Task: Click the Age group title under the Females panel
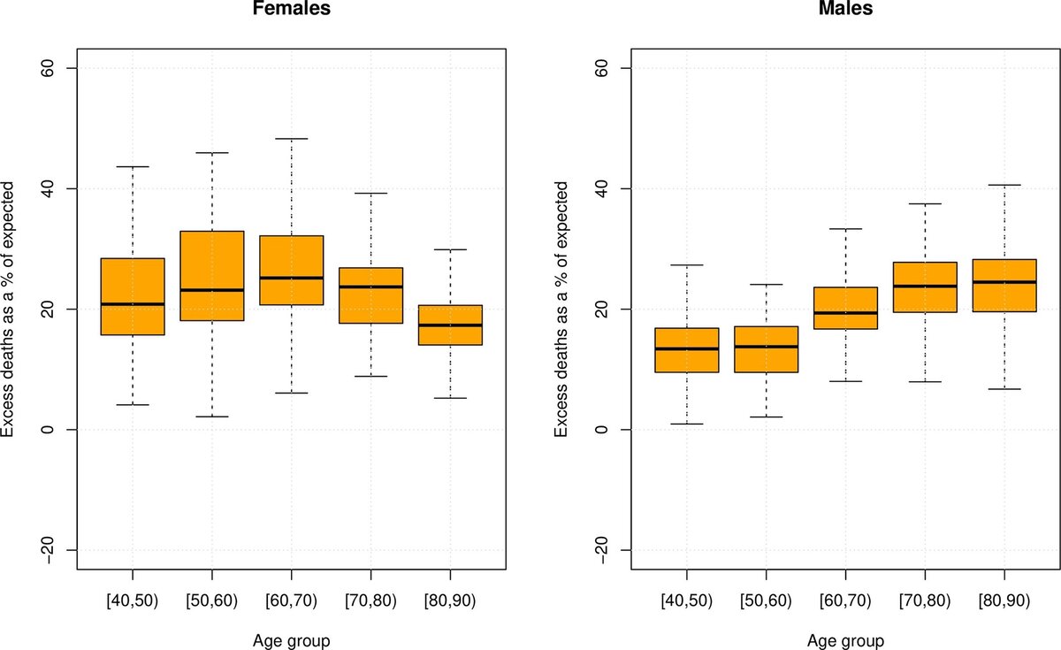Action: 291,639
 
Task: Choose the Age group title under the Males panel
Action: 848,639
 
